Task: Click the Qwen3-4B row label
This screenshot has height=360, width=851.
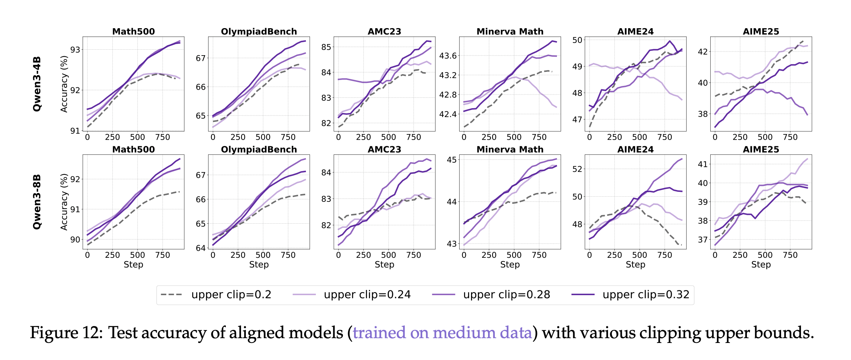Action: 37,84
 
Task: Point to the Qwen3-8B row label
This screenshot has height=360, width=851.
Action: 37,202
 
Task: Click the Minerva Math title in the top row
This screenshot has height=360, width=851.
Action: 510,31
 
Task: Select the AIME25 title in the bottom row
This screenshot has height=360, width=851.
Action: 761,150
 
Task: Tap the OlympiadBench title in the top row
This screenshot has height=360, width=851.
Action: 259,31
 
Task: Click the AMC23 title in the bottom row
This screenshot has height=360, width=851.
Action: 384,150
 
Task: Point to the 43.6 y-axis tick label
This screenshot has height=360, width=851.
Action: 448,56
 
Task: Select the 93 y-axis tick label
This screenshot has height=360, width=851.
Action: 75,50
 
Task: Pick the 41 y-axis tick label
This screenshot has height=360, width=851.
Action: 703,164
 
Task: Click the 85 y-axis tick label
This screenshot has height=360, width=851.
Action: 326,47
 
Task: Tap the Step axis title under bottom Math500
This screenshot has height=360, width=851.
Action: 133,264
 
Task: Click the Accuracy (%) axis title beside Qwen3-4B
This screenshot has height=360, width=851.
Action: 64,84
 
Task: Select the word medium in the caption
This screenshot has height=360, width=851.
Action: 464,333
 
